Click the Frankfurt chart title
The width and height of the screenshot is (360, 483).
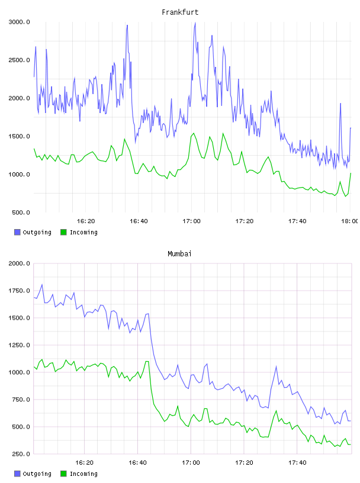[x=180, y=12]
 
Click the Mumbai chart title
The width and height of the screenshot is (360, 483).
[x=179, y=254]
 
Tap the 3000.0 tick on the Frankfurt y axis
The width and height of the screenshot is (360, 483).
[x=20, y=22]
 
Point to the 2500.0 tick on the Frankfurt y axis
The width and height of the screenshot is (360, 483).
[x=20, y=60]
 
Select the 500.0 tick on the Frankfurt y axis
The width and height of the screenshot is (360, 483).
[x=21, y=212]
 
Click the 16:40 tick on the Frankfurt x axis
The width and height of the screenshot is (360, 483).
[x=139, y=221]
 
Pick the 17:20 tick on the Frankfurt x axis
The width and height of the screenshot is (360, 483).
[x=245, y=221]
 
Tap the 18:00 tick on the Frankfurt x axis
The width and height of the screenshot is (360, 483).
[x=350, y=221]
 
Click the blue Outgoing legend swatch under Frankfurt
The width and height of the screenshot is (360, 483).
[x=17, y=232]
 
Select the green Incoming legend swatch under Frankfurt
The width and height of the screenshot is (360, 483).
[x=63, y=232]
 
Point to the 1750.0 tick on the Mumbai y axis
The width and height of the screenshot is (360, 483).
[x=20, y=291]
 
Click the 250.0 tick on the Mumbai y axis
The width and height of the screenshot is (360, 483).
[x=21, y=454]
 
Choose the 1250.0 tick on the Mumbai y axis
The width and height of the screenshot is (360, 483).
[x=20, y=345]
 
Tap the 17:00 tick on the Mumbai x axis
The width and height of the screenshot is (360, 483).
[x=191, y=463]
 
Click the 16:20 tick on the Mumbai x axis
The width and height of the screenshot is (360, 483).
[x=85, y=463]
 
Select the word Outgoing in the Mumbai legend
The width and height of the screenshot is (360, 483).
[x=37, y=474]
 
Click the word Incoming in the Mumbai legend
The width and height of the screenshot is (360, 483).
[x=83, y=474]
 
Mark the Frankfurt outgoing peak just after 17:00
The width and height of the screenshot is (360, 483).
[x=195, y=23]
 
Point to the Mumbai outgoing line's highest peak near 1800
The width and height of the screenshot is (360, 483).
[x=42, y=285]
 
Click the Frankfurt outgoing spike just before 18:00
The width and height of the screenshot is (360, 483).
[x=340, y=104]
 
